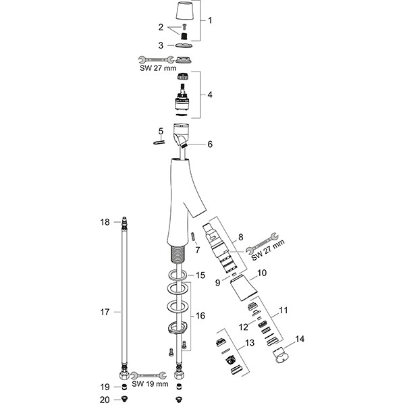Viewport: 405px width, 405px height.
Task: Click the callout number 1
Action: pos(209,20)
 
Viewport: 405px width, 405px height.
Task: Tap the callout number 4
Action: pos(210,94)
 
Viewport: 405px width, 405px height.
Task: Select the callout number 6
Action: pos(210,144)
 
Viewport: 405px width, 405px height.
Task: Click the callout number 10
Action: pos(262,275)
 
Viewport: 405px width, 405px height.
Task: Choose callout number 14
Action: pos(300,340)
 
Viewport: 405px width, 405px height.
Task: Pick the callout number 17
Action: pos(104,312)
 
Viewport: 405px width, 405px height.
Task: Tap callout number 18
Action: pos(105,222)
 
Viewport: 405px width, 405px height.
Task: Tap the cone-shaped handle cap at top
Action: pos(183,11)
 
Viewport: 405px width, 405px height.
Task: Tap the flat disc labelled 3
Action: pos(183,45)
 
